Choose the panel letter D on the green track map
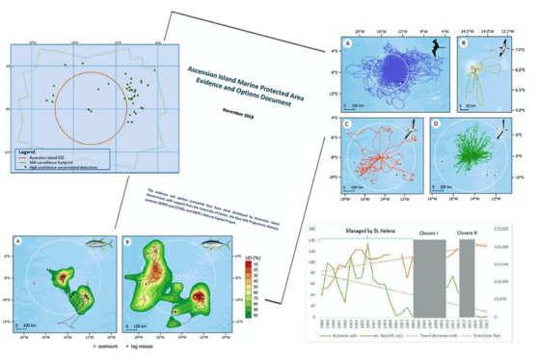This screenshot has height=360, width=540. tap(436, 125)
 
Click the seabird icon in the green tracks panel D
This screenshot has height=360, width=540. tap(502, 130)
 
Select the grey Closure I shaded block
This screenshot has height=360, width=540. tap(429, 275)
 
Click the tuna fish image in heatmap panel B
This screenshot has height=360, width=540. tap(213, 245)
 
